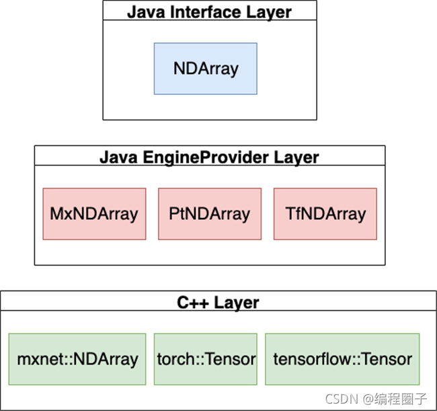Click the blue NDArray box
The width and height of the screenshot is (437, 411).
pos(205,69)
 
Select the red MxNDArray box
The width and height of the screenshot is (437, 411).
pos(94,214)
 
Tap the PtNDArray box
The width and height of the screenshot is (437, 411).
pos(210,214)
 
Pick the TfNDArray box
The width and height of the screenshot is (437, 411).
pos(325,214)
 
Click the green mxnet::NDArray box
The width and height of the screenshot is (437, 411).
pos(77,359)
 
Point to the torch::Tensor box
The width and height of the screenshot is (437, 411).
pos(206,359)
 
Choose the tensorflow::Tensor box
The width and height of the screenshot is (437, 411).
pos(342,359)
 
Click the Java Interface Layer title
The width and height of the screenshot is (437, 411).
pos(209,11)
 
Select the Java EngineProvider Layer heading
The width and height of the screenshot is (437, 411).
pos(209,157)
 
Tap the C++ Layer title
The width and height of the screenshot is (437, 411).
pos(218,302)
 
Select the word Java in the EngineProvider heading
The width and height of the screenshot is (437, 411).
pos(115,157)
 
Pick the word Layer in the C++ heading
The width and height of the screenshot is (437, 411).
pos(237,302)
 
